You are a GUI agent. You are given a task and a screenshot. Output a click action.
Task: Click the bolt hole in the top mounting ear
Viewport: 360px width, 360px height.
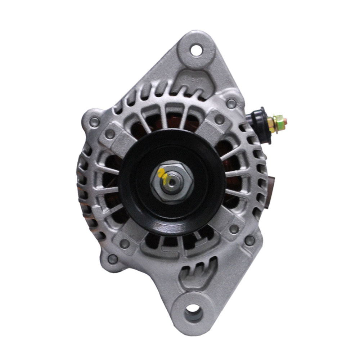(x=196, y=49)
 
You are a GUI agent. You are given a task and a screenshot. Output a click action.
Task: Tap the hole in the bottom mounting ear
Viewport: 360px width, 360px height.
(x=193, y=309)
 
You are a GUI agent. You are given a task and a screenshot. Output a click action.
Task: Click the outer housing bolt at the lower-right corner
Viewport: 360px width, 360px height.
(x=249, y=240)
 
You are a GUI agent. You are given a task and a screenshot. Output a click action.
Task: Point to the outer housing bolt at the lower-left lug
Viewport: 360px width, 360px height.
(x=113, y=258)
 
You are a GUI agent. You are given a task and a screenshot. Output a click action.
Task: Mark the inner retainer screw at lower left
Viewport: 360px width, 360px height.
(x=125, y=244)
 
